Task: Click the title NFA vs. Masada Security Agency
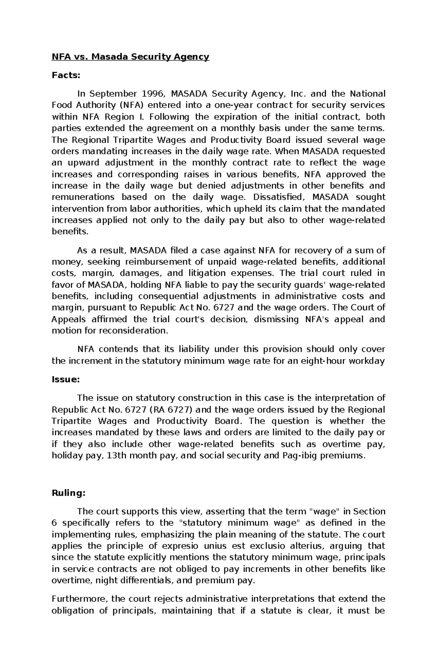[x=130, y=56]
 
